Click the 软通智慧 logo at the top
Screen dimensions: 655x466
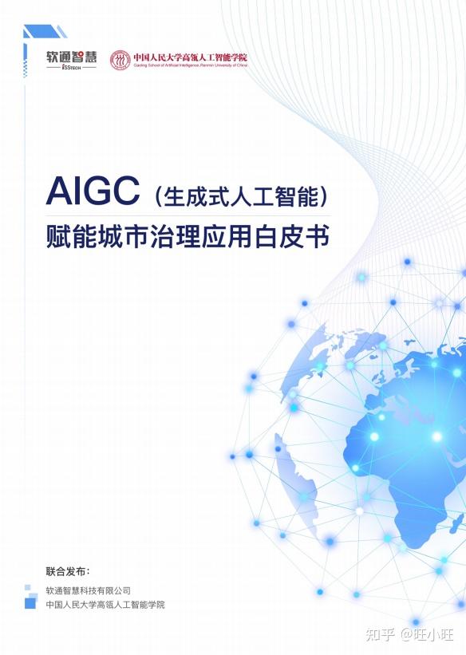(x=71, y=57)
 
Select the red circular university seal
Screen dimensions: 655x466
(x=120, y=61)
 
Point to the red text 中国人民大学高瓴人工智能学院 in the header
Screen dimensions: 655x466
(x=190, y=57)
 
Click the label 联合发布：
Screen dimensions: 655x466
(x=68, y=572)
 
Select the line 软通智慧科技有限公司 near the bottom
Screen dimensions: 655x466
(x=88, y=590)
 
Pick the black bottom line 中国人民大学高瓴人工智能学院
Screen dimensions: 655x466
(x=105, y=605)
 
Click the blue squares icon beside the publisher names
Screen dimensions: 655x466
(x=31, y=598)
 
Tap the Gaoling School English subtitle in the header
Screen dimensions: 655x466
(x=190, y=65)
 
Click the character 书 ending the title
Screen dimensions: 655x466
(x=318, y=237)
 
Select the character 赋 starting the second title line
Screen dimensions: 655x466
(x=57, y=237)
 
